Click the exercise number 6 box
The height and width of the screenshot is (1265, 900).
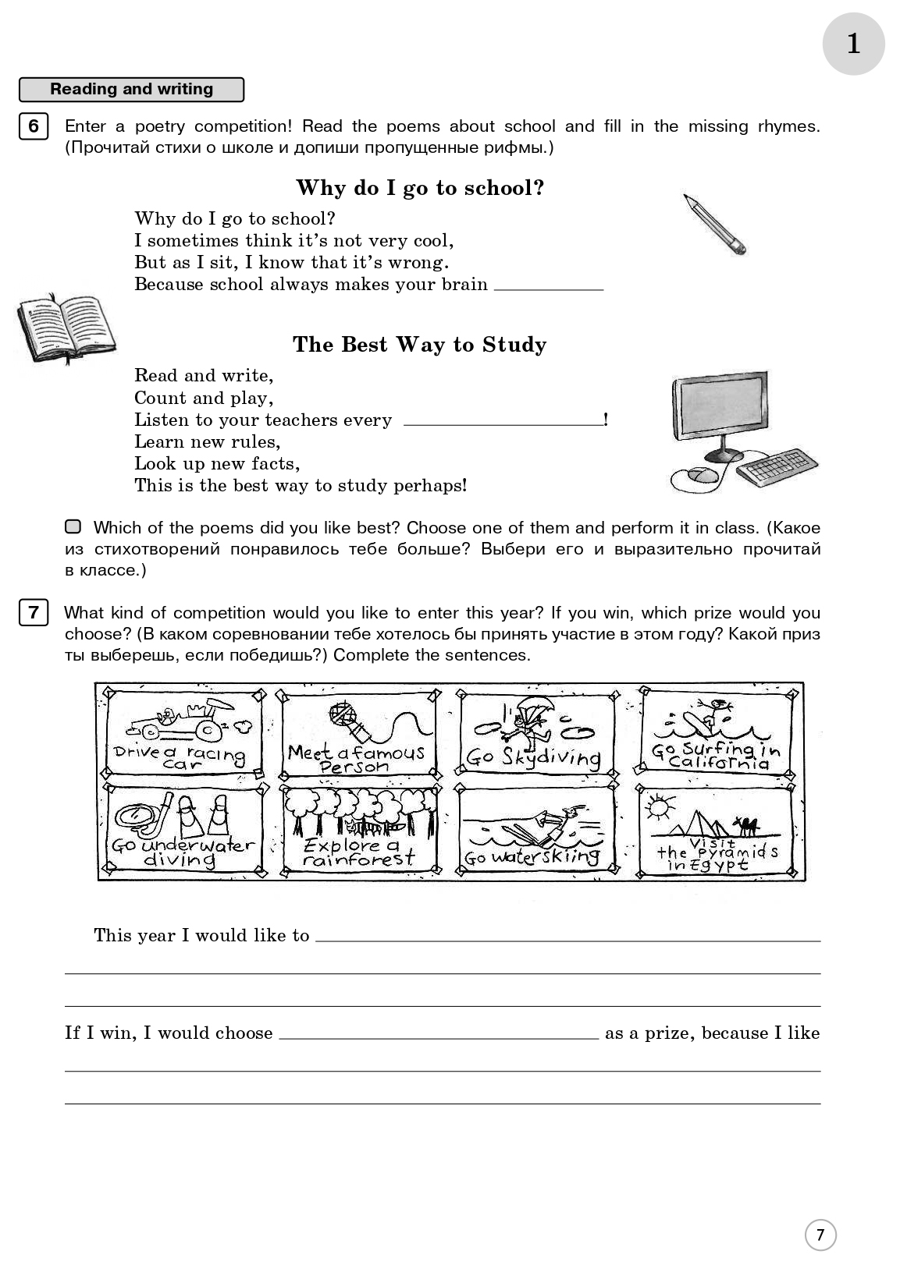pyautogui.click(x=33, y=126)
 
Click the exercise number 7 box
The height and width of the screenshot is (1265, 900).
pyautogui.click(x=33, y=613)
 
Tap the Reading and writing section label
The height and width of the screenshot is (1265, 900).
pyautogui.click(x=131, y=90)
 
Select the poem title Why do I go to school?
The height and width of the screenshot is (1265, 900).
pyautogui.click(x=420, y=188)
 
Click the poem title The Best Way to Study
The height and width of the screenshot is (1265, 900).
pyautogui.click(x=419, y=345)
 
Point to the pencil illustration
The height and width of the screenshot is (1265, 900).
pyautogui.click(x=714, y=225)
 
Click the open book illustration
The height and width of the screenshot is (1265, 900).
pyautogui.click(x=66, y=328)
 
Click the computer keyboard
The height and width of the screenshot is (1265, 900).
pyautogui.click(x=777, y=467)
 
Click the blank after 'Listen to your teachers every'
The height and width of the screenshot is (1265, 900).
pyautogui.click(x=503, y=421)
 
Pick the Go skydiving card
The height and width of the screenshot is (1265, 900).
pyautogui.click(x=536, y=732)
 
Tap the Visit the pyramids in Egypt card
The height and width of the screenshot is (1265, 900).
pyautogui.click(x=715, y=831)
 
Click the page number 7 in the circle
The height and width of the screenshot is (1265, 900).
pyautogui.click(x=820, y=1235)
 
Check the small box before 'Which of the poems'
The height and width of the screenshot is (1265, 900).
pyautogui.click(x=73, y=527)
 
